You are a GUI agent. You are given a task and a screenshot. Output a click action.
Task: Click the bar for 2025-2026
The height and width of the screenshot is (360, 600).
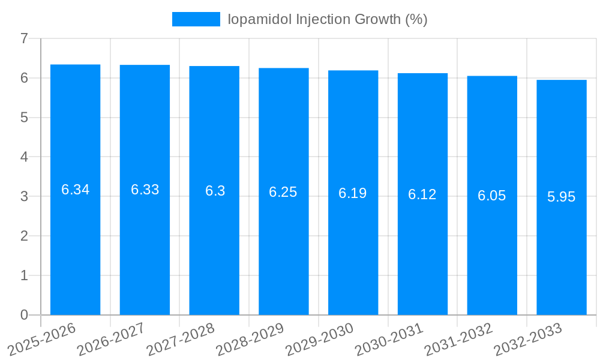coord(75,240)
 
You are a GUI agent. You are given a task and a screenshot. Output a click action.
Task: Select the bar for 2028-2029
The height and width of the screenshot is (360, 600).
coord(283,240)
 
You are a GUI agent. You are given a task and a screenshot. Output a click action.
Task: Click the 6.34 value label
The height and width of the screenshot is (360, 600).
coord(75,190)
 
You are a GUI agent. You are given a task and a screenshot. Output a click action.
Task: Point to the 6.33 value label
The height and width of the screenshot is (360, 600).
coord(145,190)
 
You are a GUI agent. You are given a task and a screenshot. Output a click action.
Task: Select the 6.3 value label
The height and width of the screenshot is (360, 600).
coord(215,191)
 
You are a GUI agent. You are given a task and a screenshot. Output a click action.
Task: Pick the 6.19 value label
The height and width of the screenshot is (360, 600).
coord(353,193)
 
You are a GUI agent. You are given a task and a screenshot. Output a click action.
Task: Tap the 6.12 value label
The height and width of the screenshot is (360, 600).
coord(422,194)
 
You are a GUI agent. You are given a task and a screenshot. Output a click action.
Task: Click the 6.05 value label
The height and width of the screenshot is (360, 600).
coord(492,196)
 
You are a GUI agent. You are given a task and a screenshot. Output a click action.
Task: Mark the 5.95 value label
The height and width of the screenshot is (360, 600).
coord(561,197)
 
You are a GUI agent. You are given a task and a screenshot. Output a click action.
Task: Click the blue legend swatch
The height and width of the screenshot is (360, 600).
coord(196,19)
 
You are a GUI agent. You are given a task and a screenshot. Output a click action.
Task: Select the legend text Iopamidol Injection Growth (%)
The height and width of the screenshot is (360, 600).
coord(327,19)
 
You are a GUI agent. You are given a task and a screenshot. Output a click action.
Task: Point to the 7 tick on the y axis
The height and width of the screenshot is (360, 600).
coord(24,38)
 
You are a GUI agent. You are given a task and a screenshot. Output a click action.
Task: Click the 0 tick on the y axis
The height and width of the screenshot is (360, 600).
coord(24,315)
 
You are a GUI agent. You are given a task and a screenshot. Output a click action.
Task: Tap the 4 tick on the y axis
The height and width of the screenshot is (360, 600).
coord(24,157)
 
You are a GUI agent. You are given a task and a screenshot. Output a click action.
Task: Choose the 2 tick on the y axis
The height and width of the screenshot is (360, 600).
coord(24,236)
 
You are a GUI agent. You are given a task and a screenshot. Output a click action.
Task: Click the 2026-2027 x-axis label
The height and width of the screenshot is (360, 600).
coord(111,339)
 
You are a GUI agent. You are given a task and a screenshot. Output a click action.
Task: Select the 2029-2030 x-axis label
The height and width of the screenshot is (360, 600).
coord(319,339)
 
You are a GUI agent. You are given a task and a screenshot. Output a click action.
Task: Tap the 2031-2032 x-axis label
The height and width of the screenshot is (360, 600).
coord(458,339)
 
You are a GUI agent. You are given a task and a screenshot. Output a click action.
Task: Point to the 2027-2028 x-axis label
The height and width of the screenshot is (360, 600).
coord(181,339)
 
